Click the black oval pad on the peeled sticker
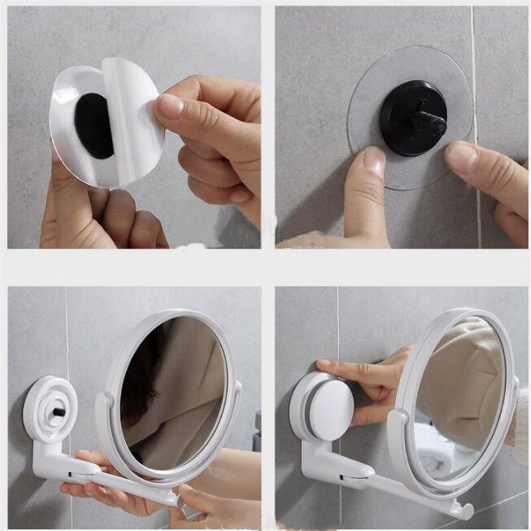coord(94,125)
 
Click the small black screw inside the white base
coord(58,412)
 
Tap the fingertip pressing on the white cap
coord(323,364)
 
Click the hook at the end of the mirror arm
coord(464,510)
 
